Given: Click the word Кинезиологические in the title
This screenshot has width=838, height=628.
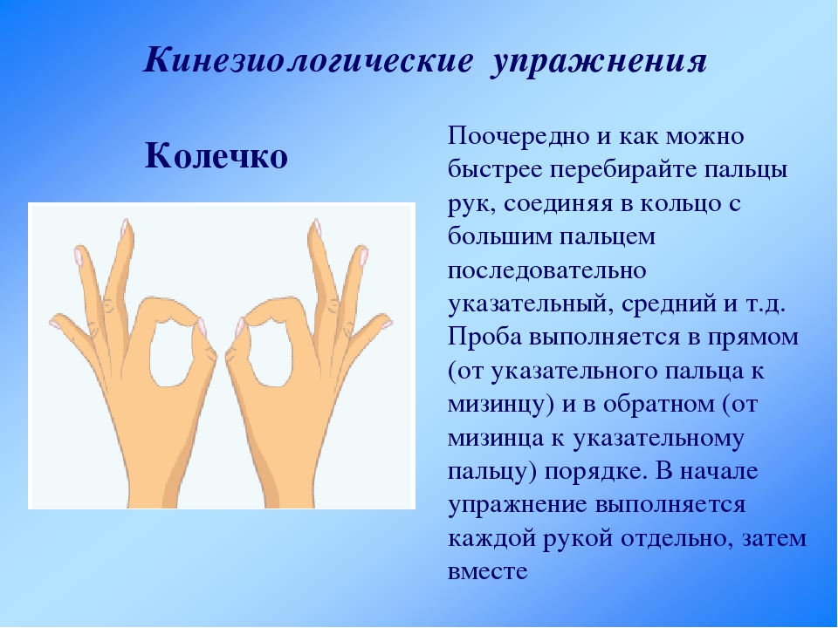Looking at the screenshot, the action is point(308,60).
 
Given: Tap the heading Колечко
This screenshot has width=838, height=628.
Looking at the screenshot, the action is point(216,156).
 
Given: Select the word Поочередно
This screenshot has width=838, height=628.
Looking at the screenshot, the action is point(519,136).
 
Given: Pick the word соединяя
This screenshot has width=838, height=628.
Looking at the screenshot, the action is point(558,204).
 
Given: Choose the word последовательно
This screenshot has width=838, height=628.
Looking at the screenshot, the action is point(546,270).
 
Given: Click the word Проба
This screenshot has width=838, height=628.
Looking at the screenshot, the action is point(484,338).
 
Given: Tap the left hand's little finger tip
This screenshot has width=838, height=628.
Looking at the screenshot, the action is point(52,323).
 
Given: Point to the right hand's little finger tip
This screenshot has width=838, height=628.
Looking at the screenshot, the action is point(388,323).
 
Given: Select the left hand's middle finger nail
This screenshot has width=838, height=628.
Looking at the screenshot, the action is point(126,228).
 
